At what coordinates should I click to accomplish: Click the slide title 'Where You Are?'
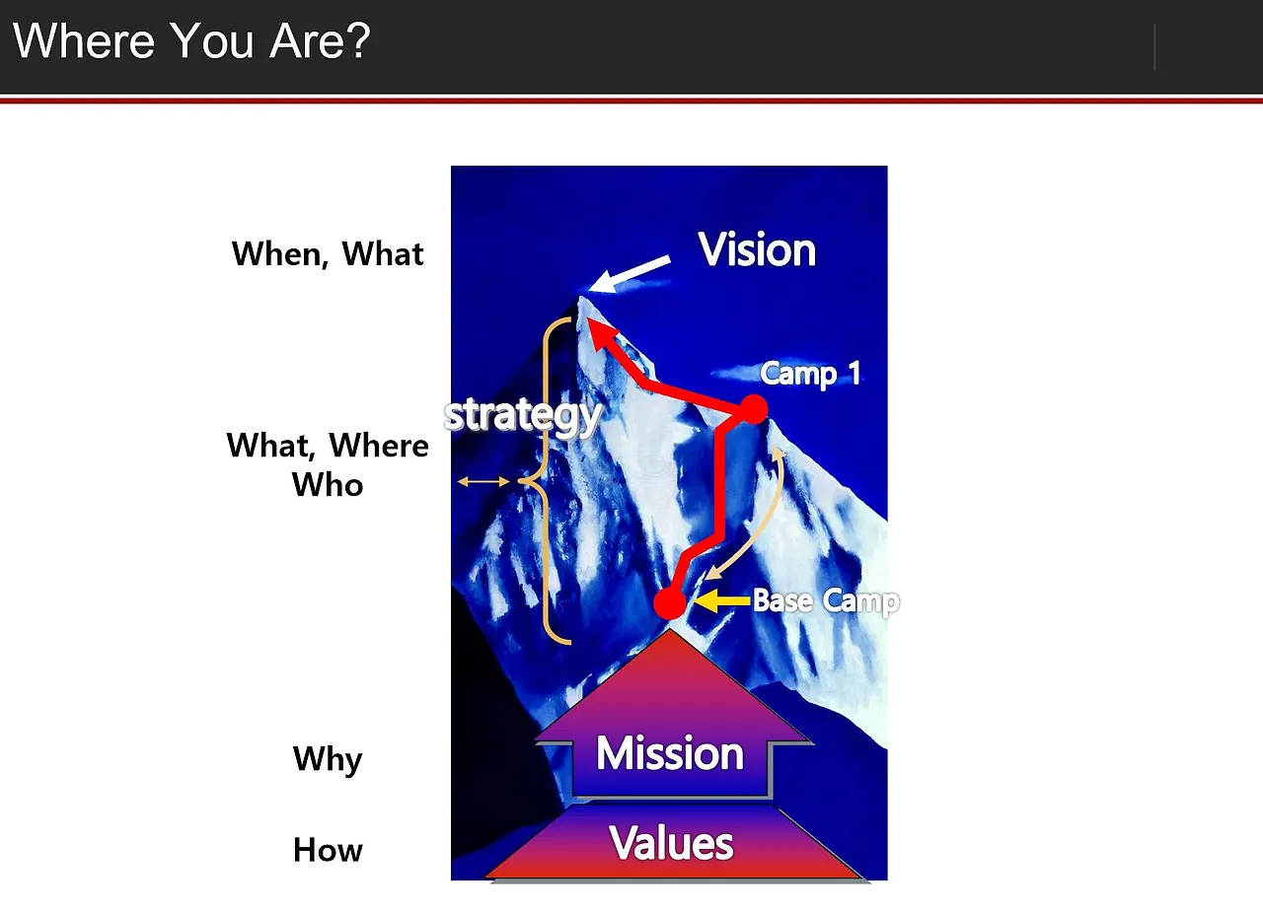click(x=191, y=40)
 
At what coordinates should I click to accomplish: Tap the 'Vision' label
click(x=757, y=249)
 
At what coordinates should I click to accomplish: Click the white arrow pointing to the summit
click(x=630, y=275)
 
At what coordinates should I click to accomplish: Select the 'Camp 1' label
click(x=810, y=374)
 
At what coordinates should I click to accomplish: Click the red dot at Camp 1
click(x=753, y=409)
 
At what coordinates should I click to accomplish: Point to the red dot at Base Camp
click(x=670, y=603)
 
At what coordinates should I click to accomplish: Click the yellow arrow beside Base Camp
click(x=722, y=600)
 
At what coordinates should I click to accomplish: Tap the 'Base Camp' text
click(x=826, y=601)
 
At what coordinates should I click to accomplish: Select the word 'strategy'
click(x=523, y=417)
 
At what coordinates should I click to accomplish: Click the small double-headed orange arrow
click(x=483, y=482)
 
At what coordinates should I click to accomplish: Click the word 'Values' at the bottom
click(x=672, y=843)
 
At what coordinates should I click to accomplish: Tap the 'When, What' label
click(x=327, y=254)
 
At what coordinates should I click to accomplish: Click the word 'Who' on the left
click(x=328, y=484)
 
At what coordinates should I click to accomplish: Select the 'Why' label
click(x=328, y=759)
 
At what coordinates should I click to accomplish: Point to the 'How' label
click(x=328, y=850)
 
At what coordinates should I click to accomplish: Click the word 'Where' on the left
click(x=379, y=446)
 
